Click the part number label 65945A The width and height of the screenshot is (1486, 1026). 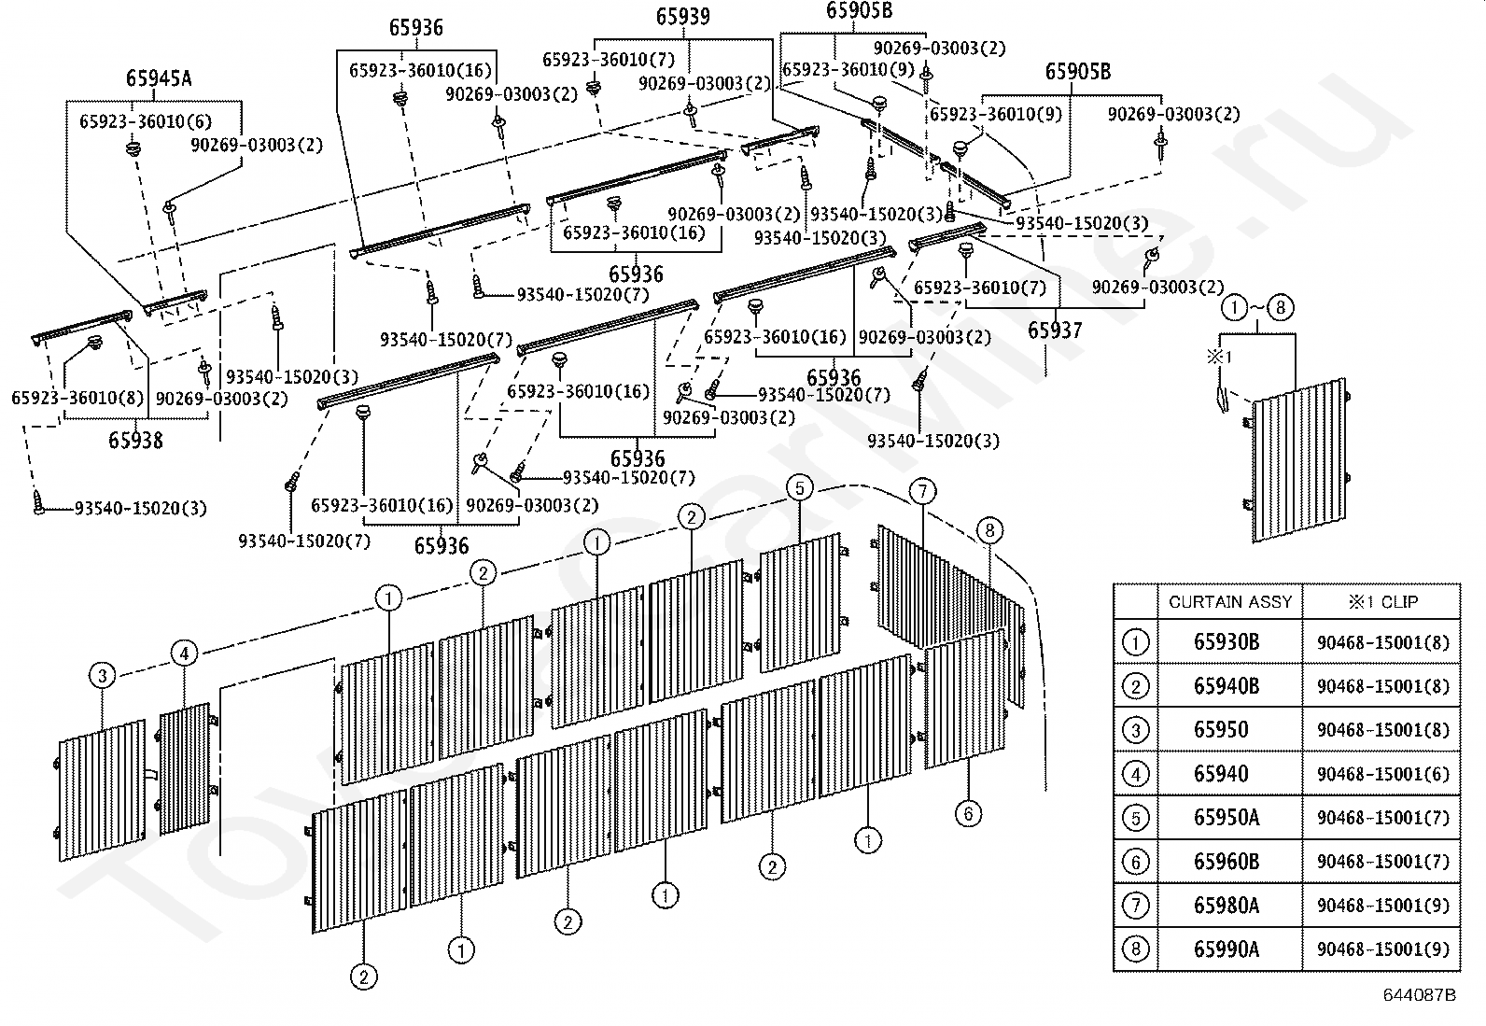point(159,78)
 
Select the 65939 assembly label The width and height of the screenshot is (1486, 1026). point(682,17)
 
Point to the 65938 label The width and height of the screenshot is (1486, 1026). point(135,440)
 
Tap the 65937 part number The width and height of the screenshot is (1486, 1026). point(1055,330)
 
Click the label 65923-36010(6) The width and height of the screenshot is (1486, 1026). point(146,121)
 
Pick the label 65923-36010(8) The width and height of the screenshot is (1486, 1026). point(77,398)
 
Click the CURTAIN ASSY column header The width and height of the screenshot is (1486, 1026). point(1230,602)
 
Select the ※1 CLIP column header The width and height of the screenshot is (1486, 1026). point(1382,602)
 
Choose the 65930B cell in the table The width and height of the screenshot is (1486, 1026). point(1226,642)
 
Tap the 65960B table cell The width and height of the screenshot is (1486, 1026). point(1226,862)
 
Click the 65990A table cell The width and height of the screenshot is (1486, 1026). point(1226,949)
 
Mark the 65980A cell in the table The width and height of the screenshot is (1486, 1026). point(1226,906)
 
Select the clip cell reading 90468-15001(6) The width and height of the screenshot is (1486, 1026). point(1383,774)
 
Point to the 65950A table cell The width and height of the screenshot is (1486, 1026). point(1226,818)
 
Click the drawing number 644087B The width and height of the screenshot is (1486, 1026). point(1419,995)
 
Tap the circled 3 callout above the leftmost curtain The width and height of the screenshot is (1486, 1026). point(102,676)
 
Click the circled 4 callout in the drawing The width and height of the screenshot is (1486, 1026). point(185,653)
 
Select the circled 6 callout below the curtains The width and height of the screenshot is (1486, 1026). point(968,814)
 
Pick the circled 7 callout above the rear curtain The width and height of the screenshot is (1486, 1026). point(922,492)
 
